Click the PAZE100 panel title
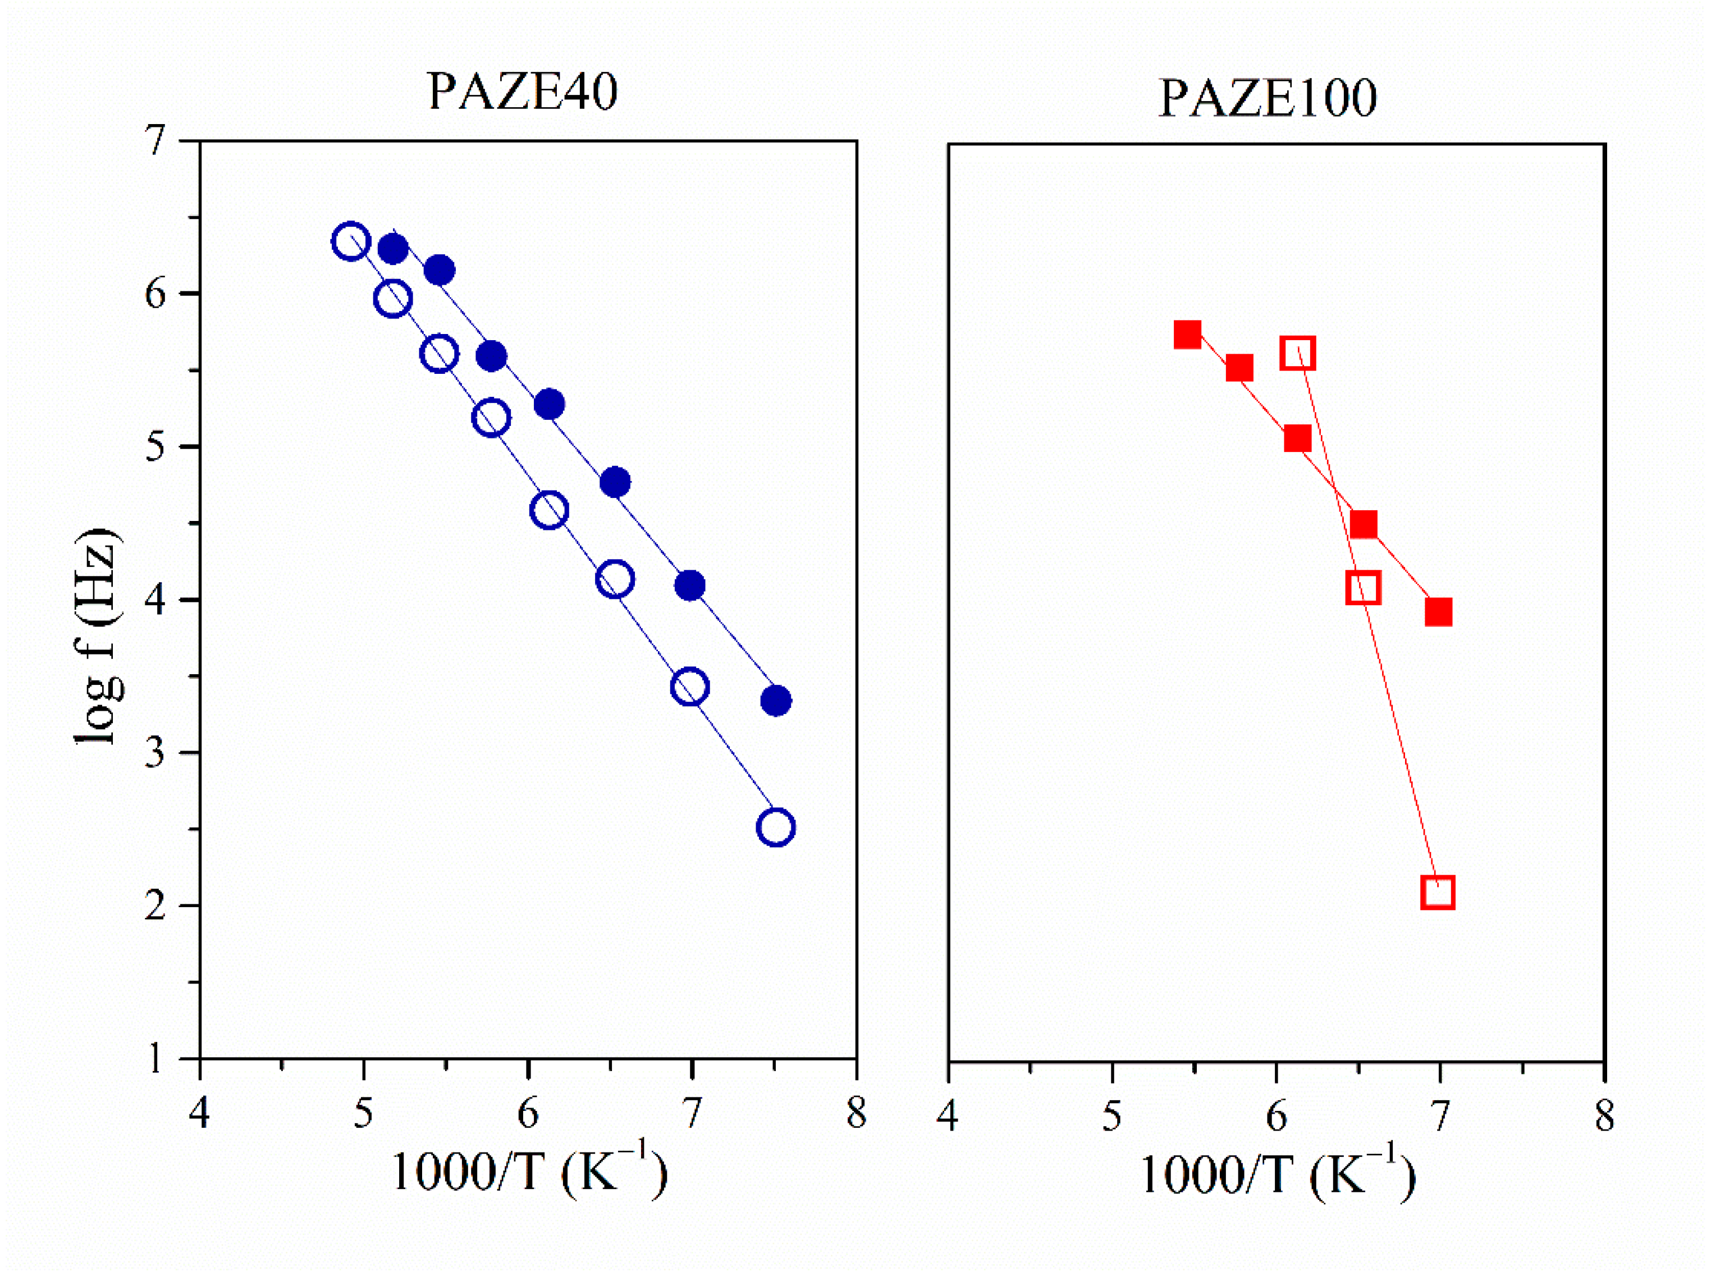(x=1267, y=99)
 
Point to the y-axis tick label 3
(x=156, y=752)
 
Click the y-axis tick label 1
(x=156, y=1058)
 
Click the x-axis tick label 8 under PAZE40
(x=856, y=1114)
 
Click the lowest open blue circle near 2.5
(x=776, y=827)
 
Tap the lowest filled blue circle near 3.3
(x=776, y=701)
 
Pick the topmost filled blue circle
(x=392, y=249)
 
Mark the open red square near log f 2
(x=1438, y=892)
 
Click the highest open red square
(x=1298, y=353)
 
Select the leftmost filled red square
(x=1187, y=335)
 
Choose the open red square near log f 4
(x=1364, y=588)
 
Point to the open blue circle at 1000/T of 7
(x=690, y=686)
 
